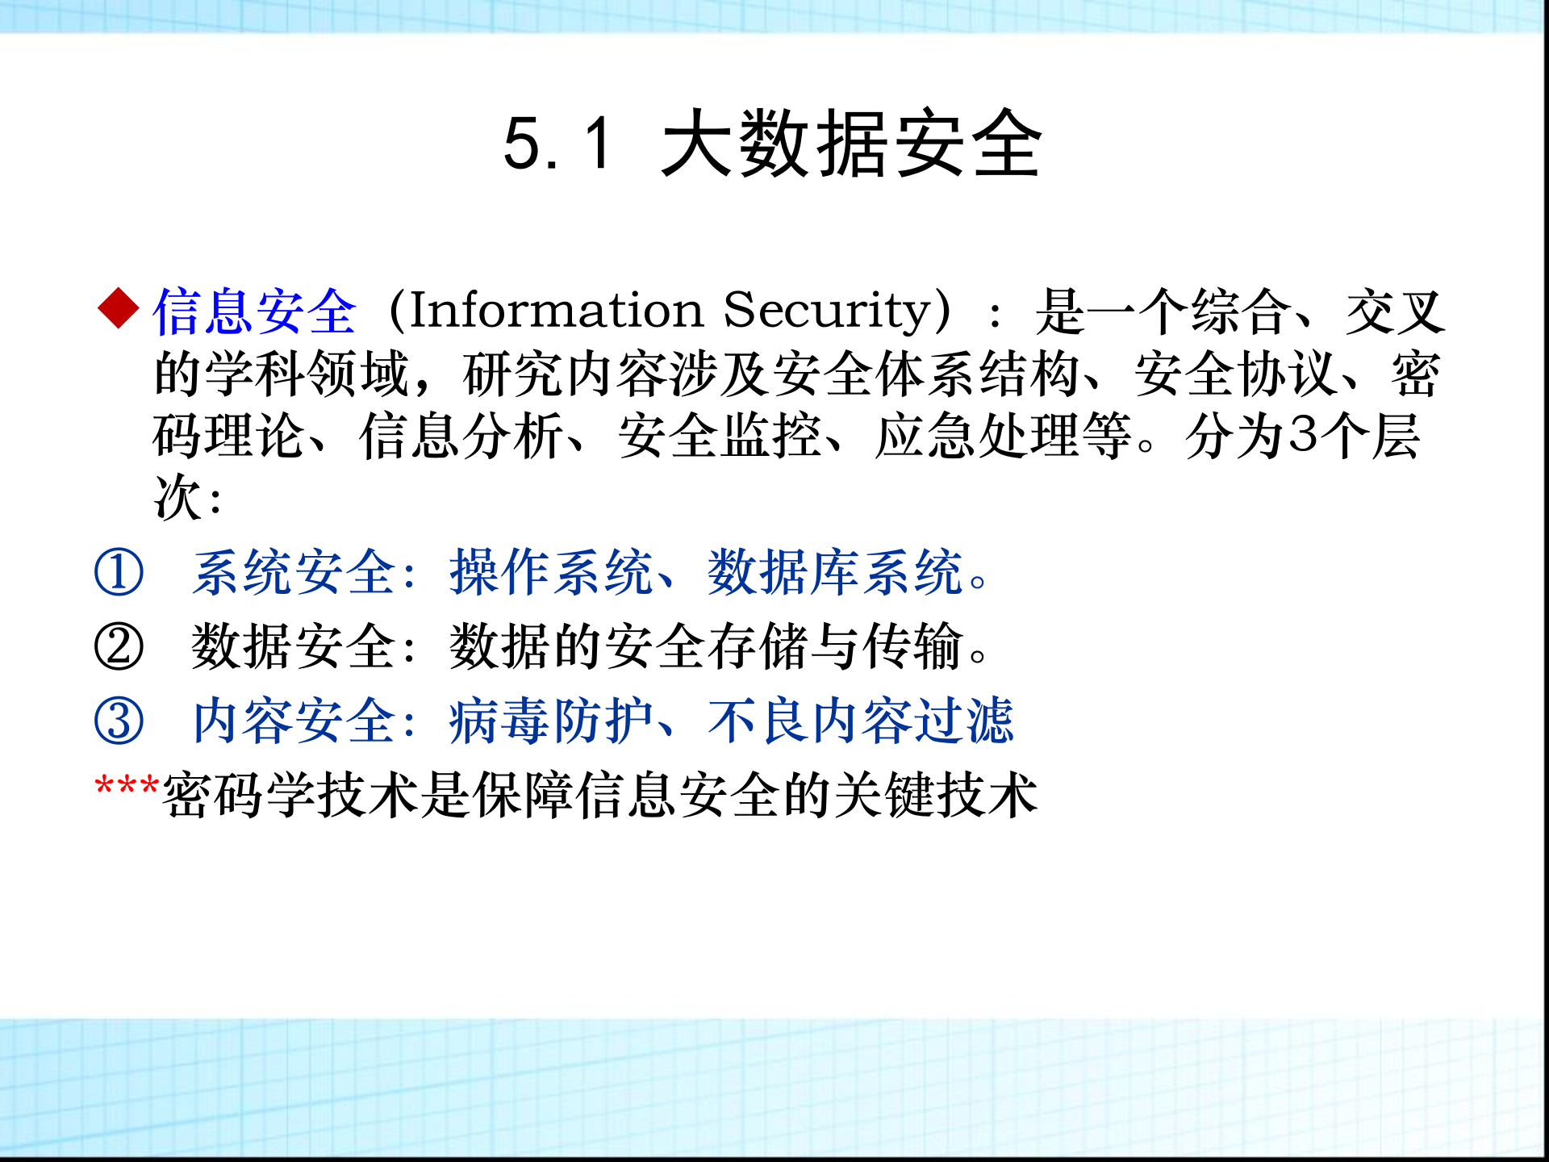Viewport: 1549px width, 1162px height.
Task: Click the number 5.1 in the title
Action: pos(557,144)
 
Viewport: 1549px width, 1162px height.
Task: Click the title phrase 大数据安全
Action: pos(851,144)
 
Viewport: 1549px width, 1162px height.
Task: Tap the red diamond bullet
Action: pos(119,309)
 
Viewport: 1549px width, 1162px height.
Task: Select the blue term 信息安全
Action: pos(254,311)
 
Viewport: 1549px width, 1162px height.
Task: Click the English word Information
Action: pos(557,310)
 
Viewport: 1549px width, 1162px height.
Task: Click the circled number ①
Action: pos(119,572)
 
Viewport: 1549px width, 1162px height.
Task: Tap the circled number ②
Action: pos(119,646)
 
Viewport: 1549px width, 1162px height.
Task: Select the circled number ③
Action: pos(119,721)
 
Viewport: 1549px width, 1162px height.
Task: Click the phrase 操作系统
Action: pos(550,572)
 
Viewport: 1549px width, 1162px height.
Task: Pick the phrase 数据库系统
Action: pos(835,572)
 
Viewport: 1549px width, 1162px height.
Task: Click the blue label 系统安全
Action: pos(294,572)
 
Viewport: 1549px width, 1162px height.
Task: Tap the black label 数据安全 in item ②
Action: pos(294,646)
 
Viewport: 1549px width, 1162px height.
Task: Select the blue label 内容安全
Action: pos(294,721)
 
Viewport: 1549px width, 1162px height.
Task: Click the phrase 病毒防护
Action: pos(550,721)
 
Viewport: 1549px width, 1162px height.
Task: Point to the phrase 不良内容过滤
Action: pos(860,721)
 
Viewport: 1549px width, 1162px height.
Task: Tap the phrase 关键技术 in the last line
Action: pos(936,796)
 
